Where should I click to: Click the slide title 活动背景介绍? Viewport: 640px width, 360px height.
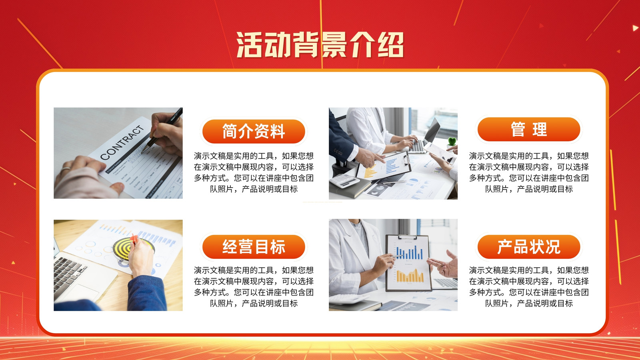(x=320, y=45)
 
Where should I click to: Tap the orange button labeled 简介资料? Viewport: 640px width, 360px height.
(x=254, y=132)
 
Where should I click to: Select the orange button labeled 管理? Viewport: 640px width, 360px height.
(x=529, y=129)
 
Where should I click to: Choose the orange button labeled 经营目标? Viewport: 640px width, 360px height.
(x=254, y=247)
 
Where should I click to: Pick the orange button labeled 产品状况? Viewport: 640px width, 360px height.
(x=529, y=247)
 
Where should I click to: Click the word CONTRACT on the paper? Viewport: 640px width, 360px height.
(x=122, y=142)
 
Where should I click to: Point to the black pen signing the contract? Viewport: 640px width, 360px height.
(x=162, y=130)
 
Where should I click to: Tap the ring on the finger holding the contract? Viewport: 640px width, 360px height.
(x=66, y=169)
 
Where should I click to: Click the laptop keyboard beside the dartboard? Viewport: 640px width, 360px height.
(x=69, y=273)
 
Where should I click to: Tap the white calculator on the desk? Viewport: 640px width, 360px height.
(x=344, y=180)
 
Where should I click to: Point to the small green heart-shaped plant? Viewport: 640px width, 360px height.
(x=452, y=142)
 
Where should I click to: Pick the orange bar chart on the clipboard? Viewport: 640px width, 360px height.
(x=410, y=276)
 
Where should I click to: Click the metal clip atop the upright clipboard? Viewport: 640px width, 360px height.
(x=407, y=237)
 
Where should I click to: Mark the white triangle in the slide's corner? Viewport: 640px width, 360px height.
(x=635, y=28)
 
